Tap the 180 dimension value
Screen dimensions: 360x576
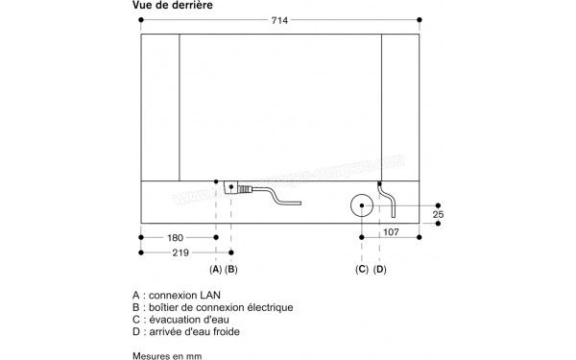coord(175,236)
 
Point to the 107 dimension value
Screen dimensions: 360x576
coord(392,231)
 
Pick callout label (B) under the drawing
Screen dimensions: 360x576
coord(231,270)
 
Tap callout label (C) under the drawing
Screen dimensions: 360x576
coord(362,270)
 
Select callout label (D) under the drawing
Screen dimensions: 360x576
coord(379,270)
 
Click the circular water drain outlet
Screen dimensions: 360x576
coord(362,205)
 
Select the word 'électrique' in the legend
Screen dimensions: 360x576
coord(269,307)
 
